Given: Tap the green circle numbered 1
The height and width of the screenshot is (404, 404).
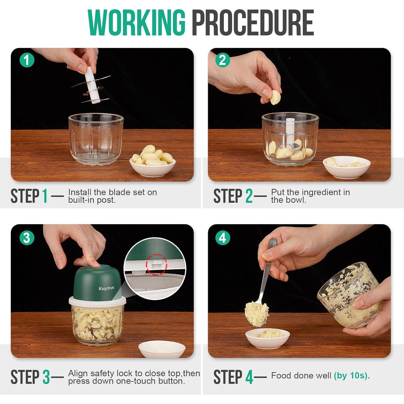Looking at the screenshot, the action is [x=27, y=60].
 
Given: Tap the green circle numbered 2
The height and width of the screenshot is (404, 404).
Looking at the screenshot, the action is [x=222, y=60].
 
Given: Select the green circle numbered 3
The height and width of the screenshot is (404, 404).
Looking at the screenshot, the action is [x=27, y=238].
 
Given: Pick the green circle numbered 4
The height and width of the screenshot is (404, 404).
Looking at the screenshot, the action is [x=222, y=238].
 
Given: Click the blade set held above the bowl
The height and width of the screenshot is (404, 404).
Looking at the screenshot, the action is [x=91, y=86].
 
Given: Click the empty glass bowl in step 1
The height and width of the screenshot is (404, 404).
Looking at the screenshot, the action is [x=96, y=139].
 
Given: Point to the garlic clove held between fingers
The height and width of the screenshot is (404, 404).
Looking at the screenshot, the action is [x=275, y=97].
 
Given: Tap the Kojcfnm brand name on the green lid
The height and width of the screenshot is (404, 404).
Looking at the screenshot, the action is [x=106, y=288].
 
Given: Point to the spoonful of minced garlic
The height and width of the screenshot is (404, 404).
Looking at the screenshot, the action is [x=256, y=314].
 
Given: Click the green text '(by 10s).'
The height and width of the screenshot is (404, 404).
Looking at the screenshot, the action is [x=352, y=376].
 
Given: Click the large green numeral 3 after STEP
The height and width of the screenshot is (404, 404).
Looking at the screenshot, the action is [x=46, y=377].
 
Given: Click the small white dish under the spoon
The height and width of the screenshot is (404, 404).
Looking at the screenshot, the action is [x=268, y=338].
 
